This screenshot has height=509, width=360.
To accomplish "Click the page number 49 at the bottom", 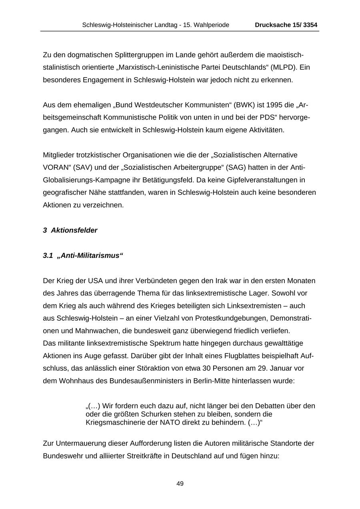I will (x=180, y=484).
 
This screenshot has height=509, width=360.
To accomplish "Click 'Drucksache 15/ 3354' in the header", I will (x=286, y=25).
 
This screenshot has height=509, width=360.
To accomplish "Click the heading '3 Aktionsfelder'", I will (x=70, y=230).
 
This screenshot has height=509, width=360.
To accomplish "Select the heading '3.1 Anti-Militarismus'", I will (x=83, y=255).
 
